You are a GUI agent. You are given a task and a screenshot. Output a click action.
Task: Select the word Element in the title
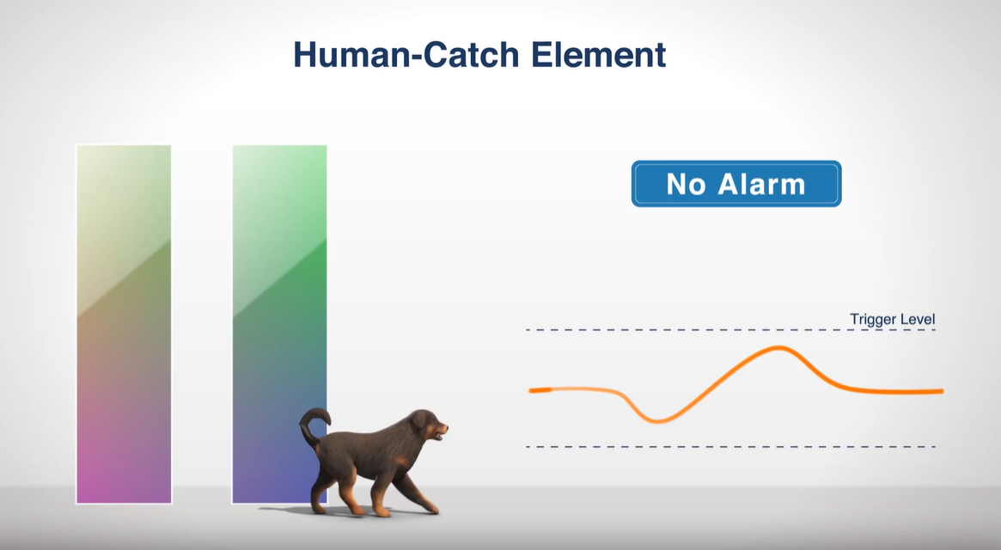tap(599, 54)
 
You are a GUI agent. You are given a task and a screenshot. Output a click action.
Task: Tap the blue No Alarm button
tap(736, 184)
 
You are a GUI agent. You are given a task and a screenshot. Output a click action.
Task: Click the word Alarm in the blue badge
tap(761, 184)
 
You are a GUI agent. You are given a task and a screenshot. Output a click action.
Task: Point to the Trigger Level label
tap(893, 319)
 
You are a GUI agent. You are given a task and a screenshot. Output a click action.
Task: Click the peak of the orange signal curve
tap(778, 347)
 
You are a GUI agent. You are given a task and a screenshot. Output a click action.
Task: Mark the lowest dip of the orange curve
tap(656, 421)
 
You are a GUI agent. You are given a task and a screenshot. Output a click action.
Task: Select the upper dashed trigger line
tap(731, 330)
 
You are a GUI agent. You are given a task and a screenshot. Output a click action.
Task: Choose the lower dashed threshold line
tap(731, 447)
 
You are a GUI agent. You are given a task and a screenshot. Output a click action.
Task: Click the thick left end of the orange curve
tap(540, 389)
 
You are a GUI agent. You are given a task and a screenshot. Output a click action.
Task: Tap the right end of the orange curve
tap(942, 391)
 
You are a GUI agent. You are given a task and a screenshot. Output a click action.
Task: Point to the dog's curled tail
tap(314, 425)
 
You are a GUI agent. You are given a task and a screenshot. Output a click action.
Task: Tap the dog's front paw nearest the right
tap(431, 509)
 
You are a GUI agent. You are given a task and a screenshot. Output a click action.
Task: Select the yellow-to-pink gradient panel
tap(124, 324)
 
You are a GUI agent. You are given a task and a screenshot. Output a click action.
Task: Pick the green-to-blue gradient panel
tap(279, 324)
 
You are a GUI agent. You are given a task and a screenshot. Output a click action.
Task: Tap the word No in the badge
tap(686, 184)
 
